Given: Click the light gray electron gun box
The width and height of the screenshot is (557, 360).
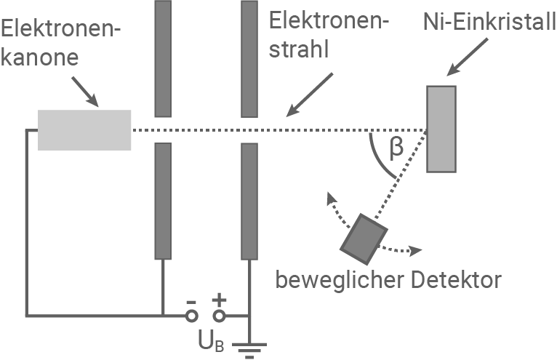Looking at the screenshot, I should pos(84,129).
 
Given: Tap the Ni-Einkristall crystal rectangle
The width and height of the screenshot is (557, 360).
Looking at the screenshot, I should pos(441,129).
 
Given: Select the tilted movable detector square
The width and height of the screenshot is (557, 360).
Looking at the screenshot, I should pos(364,238).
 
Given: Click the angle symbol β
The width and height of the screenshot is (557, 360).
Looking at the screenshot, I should pos(396,148).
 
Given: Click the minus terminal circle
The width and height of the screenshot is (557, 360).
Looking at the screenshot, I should pos(191,316).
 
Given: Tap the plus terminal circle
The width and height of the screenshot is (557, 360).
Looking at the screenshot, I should pos(218,316).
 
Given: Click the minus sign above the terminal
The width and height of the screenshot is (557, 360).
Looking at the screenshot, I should pos(191,300).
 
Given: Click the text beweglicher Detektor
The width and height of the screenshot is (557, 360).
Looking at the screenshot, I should pos(389,279).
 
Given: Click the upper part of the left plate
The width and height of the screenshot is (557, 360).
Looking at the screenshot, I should pos(162,58).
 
